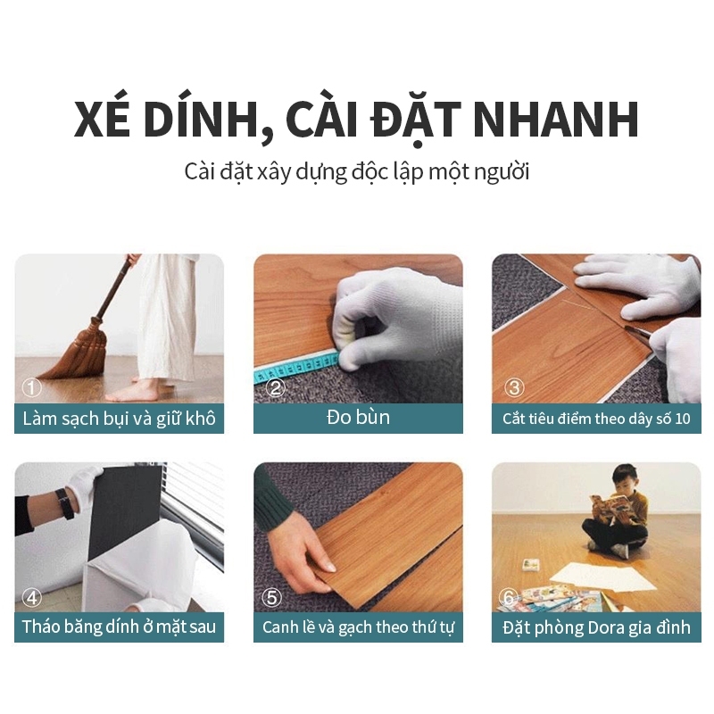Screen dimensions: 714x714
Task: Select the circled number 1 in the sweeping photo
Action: point(31,388)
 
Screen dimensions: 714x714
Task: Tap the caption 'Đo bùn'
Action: point(358,417)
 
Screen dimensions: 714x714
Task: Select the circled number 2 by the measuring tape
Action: point(275,388)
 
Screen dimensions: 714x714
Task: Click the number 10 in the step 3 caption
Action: point(683,419)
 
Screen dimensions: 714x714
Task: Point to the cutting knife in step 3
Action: point(637,333)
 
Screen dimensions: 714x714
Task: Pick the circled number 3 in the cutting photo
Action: point(514,388)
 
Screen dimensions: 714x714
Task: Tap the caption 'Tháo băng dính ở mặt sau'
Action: point(119,627)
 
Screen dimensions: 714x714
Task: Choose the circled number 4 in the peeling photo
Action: point(32,597)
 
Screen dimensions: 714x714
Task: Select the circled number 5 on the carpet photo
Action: point(272,597)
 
